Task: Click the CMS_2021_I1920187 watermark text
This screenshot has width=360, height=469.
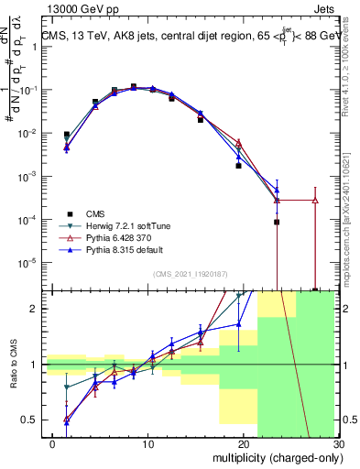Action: click(191, 274)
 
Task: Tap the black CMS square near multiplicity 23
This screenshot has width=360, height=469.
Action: click(277, 222)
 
